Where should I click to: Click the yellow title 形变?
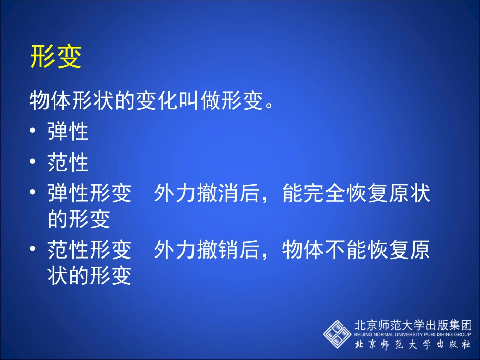click(x=56, y=57)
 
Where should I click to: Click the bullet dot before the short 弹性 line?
click(x=33, y=132)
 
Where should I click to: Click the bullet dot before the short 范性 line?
click(x=33, y=163)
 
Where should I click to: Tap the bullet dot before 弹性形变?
click(x=33, y=194)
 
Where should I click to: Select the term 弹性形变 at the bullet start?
click(x=89, y=194)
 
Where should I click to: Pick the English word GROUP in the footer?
click(x=462, y=334)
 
